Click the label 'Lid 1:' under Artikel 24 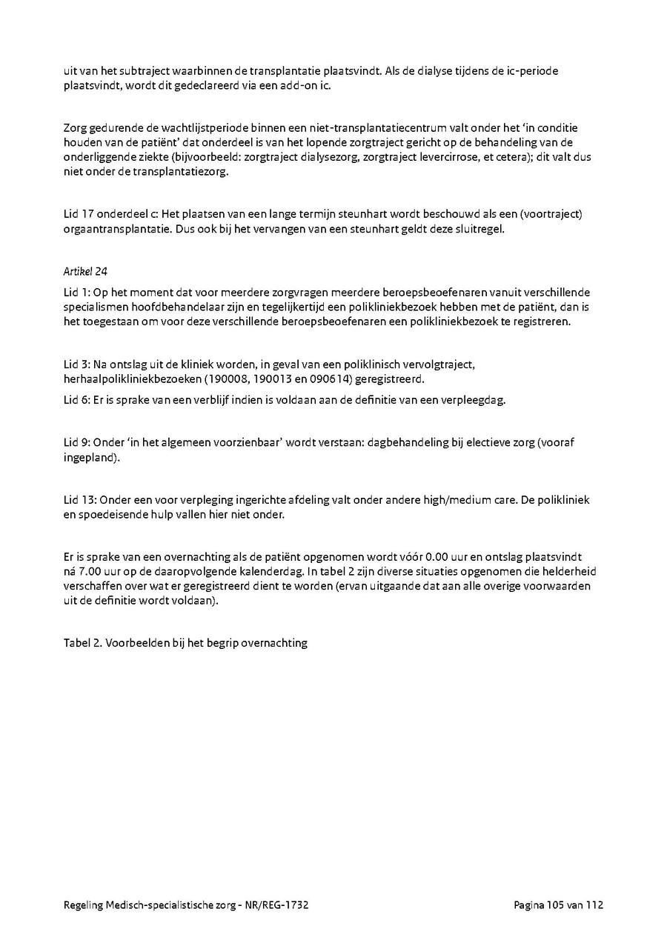click(x=77, y=292)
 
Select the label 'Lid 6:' click(x=77, y=400)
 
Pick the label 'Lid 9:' click(x=77, y=443)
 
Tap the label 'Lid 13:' click(x=80, y=500)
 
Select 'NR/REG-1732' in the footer click(x=279, y=905)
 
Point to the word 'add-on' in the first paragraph click(x=296, y=85)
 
